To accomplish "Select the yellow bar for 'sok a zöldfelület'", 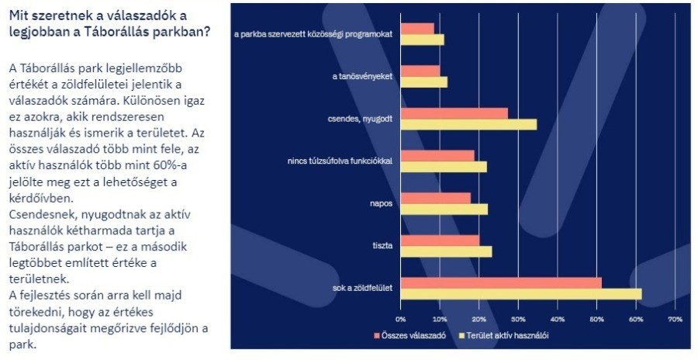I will pyautogui.click(x=521, y=294).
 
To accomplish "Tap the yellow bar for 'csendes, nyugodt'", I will pyautogui.click(x=468, y=124).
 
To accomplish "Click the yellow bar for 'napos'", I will pyautogui.click(x=444, y=209).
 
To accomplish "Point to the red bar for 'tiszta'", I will pyautogui.click(x=440, y=241).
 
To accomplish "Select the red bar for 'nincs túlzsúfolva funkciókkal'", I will pyautogui.click(x=437, y=156).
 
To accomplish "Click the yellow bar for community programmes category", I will pyautogui.click(x=422, y=40).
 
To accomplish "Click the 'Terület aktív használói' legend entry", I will pyautogui.click(x=504, y=336).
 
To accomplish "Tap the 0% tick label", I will pyautogui.click(x=401, y=319).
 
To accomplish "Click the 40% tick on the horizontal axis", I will pyautogui.click(x=557, y=319).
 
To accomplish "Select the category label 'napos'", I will pyautogui.click(x=381, y=203).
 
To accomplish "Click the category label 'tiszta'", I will pyautogui.click(x=382, y=246).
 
